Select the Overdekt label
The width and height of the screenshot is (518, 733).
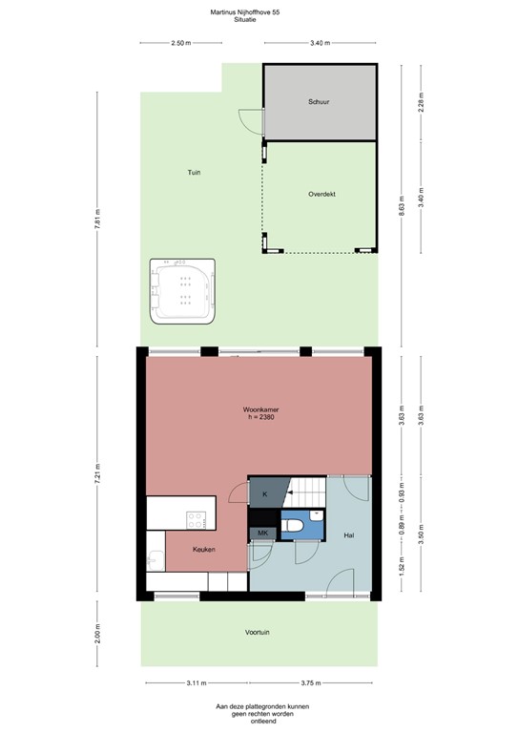[321, 194]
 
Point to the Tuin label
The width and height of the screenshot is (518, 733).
[194, 172]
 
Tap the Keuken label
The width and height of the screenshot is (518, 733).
[203, 550]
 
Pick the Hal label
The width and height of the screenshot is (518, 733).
[349, 536]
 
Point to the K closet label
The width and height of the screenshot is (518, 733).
[265, 493]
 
